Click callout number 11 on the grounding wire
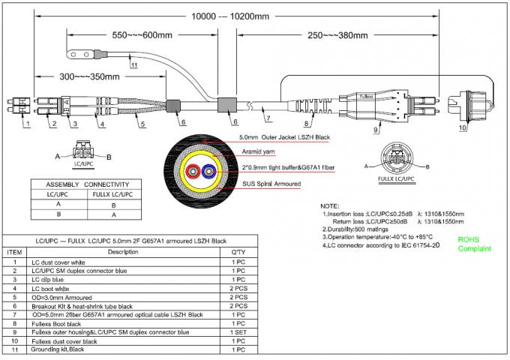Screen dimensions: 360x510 [133, 65]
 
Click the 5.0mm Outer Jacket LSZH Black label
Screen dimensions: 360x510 [284, 138]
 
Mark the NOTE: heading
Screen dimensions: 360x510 [330, 205]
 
